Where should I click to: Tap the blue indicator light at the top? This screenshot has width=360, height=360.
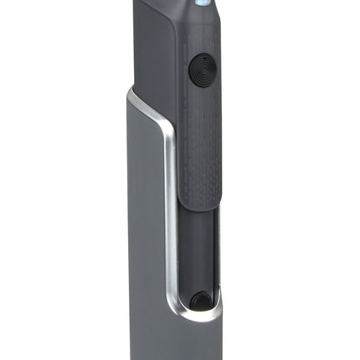[201, 3]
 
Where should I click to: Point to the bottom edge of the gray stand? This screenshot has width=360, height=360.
[180, 357]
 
